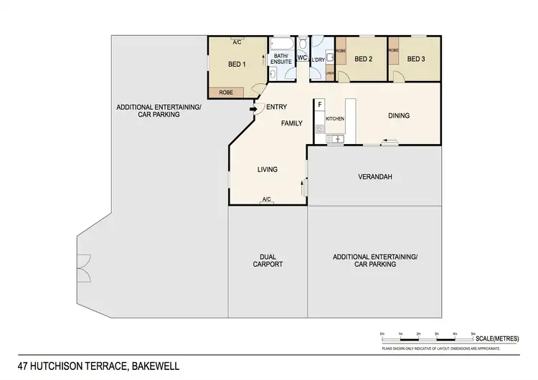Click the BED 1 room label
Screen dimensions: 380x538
237,64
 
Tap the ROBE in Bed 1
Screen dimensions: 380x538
226,92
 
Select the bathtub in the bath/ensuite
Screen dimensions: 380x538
280,43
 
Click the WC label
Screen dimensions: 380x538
302,57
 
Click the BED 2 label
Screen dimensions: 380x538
364,59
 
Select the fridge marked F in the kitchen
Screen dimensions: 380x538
318,104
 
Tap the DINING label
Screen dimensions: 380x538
399,115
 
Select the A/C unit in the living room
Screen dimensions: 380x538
266,199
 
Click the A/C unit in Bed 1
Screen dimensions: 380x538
236,42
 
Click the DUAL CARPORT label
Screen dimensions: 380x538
268,260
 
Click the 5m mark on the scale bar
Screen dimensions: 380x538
473,334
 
